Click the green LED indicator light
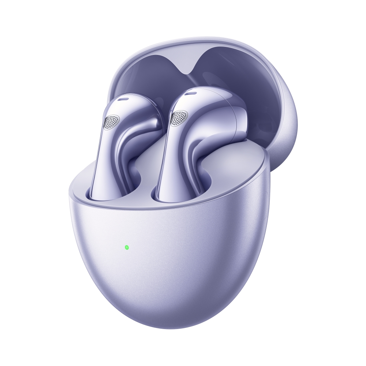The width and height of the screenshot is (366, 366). point(127,247)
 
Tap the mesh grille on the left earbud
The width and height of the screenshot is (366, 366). point(111,122)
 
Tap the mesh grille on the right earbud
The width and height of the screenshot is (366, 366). point(179,118)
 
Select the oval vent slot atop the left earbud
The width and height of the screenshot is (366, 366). point(123,99)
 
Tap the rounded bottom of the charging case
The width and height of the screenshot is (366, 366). point(172,311)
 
